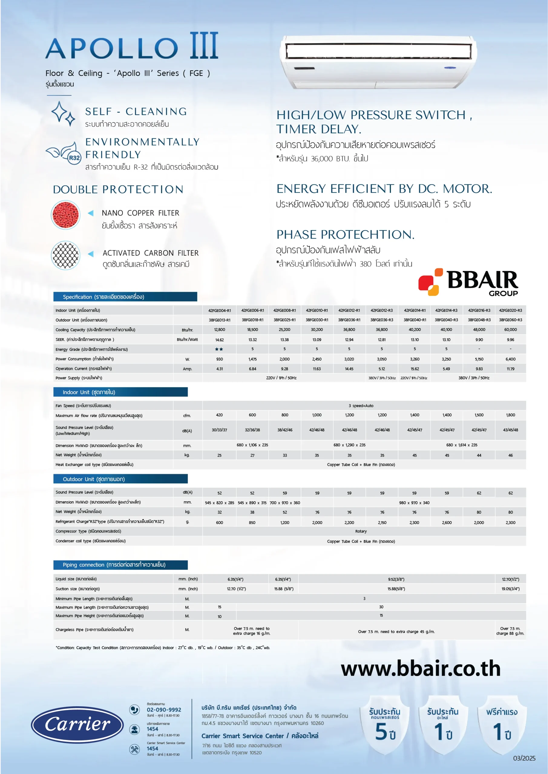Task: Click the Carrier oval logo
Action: tap(77, 725)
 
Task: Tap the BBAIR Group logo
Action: tap(468, 282)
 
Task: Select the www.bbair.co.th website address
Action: tap(420, 668)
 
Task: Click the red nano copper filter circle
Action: tap(65, 215)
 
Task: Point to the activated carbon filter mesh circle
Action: tap(65, 255)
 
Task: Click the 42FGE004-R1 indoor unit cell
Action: tap(219, 311)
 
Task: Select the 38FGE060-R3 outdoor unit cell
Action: tap(510, 320)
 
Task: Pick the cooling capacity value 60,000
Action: tap(510, 330)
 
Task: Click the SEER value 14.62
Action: tap(219, 340)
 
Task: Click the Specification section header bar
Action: tap(125, 297)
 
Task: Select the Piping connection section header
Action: tap(120, 565)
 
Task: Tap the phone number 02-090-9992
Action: tap(164, 710)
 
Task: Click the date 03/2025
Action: tap(524, 759)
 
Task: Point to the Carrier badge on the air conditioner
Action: tap(449, 68)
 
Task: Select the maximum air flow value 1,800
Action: tap(510, 415)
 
